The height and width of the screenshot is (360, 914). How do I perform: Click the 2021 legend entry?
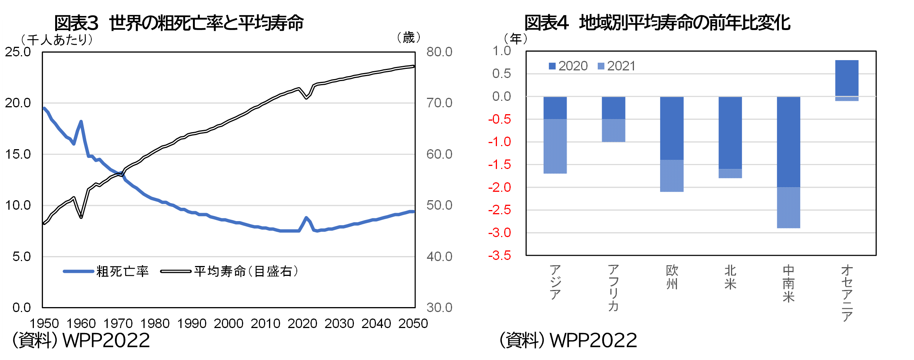coord(616,66)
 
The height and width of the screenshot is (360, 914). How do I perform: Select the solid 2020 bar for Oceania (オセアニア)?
coord(847,78)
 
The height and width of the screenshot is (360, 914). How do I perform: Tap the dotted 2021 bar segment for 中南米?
coord(788,207)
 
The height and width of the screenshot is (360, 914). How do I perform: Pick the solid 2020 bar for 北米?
coord(730,132)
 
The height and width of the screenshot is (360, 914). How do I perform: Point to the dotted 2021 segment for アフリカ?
coord(613,131)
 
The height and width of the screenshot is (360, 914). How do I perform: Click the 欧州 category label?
coord(672,277)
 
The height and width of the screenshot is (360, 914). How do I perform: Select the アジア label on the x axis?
coord(555,282)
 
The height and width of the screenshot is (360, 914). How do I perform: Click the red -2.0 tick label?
coord(500,187)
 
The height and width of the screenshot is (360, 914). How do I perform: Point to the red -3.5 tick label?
coord(500,255)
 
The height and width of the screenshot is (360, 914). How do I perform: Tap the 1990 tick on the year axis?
coord(192,323)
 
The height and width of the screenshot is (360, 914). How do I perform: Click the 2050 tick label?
coord(413,323)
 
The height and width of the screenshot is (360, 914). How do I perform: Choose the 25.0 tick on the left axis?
coord(18,52)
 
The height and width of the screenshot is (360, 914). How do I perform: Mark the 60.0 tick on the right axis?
coord(439,154)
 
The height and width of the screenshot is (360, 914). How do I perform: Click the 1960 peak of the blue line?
coord(81,122)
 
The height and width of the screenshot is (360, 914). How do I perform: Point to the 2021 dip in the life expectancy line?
coord(306,98)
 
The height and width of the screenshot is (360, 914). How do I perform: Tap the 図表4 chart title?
coord(657,23)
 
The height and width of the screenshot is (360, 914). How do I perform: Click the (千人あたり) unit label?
coord(57,40)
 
